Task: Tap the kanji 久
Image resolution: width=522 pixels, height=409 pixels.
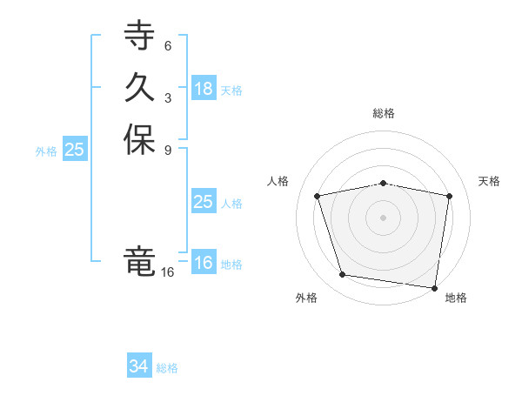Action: tap(139, 88)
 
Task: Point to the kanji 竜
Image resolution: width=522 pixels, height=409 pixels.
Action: tap(139, 260)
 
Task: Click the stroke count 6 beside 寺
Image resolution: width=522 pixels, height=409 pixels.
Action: tap(168, 45)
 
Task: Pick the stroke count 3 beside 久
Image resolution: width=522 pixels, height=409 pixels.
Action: tap(168, 97)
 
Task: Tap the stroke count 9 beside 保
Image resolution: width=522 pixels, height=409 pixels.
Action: tap(168, 150)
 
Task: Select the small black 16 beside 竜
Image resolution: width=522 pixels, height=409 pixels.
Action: tap(168, 272)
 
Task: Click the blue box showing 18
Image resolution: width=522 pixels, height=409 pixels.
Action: tap(204, 89)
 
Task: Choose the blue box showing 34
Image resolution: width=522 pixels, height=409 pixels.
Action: tap(139, 367)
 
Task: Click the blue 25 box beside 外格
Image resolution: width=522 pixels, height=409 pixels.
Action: tap(75, 150)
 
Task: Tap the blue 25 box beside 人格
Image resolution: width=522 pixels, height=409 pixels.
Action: tap(204, 202)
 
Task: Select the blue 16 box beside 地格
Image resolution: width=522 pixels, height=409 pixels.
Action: tap(204, 263)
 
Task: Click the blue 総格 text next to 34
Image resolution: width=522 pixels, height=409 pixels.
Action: tap(167, 368)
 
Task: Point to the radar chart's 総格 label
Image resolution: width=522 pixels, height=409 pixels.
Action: tap(384, 113)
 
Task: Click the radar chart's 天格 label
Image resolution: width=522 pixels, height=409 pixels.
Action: tap(490, 181)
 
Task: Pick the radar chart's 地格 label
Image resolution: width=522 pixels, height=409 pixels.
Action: tap(456, 298)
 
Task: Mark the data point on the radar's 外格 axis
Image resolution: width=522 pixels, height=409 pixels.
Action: tap(343, 275)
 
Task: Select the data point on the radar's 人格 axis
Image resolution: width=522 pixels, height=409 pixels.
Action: tap(318, 196)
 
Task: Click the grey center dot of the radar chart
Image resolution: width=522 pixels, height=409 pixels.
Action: tap(384, 217)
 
